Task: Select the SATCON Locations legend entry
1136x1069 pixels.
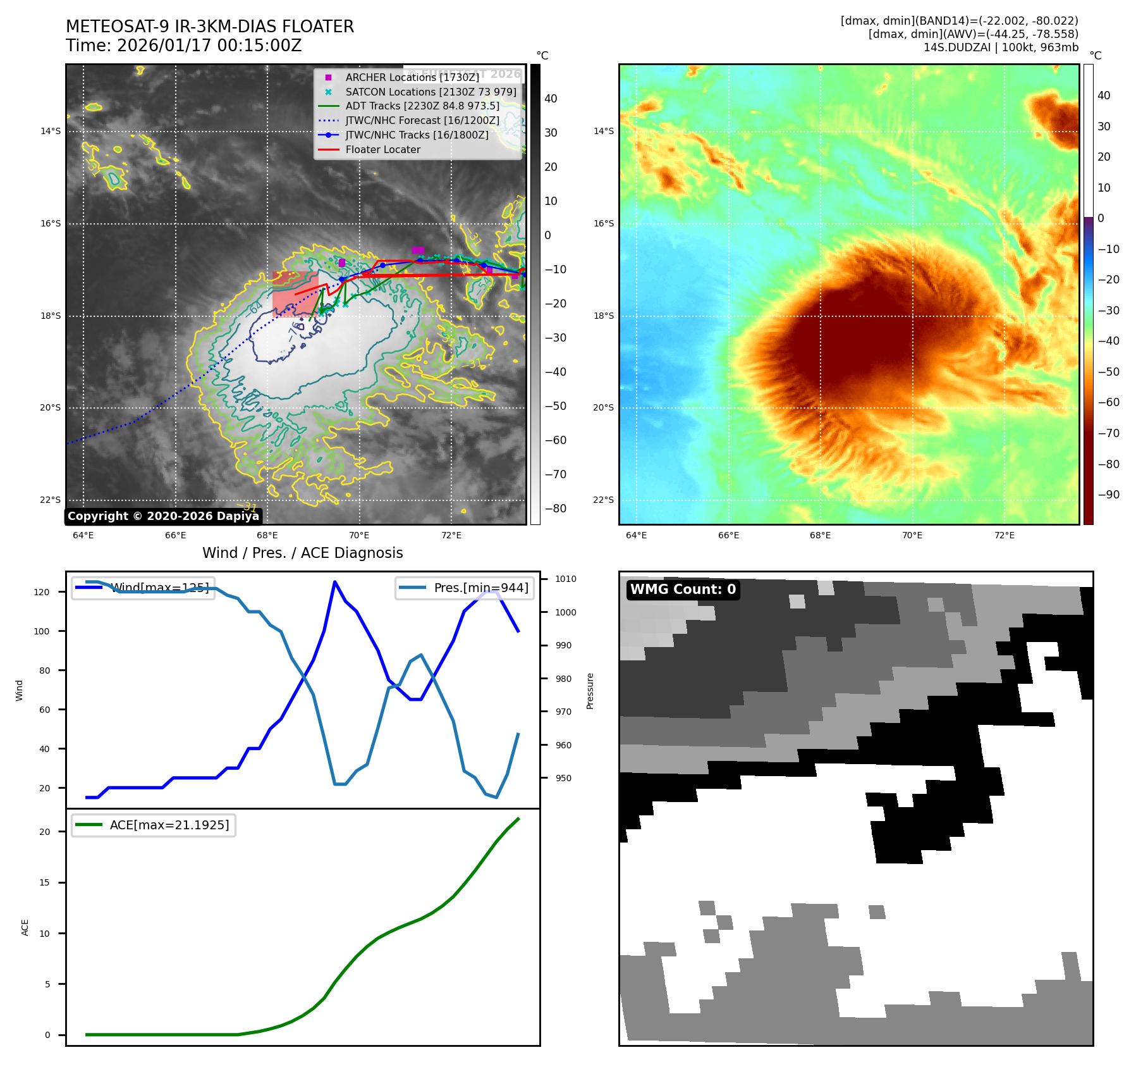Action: tap(431, 92)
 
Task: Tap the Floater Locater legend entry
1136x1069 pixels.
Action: tap(382, 149)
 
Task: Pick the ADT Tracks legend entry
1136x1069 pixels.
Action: tap(422, 106)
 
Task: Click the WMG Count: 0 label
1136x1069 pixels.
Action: tap(683, 590)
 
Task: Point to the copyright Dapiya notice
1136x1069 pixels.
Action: tap(163, 516)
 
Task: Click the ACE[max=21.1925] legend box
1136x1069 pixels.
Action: tap(154, 825)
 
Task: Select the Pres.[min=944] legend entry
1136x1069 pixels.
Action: tap(465, 588)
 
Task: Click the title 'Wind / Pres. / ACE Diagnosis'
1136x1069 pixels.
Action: tap(302, 553)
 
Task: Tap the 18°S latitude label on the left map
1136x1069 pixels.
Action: tap(51, 316)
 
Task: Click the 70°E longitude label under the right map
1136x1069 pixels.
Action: tap(912, 536)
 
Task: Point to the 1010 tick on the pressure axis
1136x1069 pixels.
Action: tap(566, 579)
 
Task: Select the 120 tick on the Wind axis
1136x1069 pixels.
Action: tap(42, 592)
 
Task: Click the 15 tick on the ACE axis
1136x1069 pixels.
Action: tap(44, 882)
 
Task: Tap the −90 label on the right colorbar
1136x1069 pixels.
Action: tap(1108, 495)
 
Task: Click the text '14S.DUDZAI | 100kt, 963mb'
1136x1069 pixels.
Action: tap(1001, 47)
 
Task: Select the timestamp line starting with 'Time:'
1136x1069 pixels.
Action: tap(183, 46)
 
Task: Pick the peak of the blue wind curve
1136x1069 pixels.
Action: tap(334, 581)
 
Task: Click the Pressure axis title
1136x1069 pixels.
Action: tap(590, 691)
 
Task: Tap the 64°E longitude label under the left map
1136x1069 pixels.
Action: tap(83, 536)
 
